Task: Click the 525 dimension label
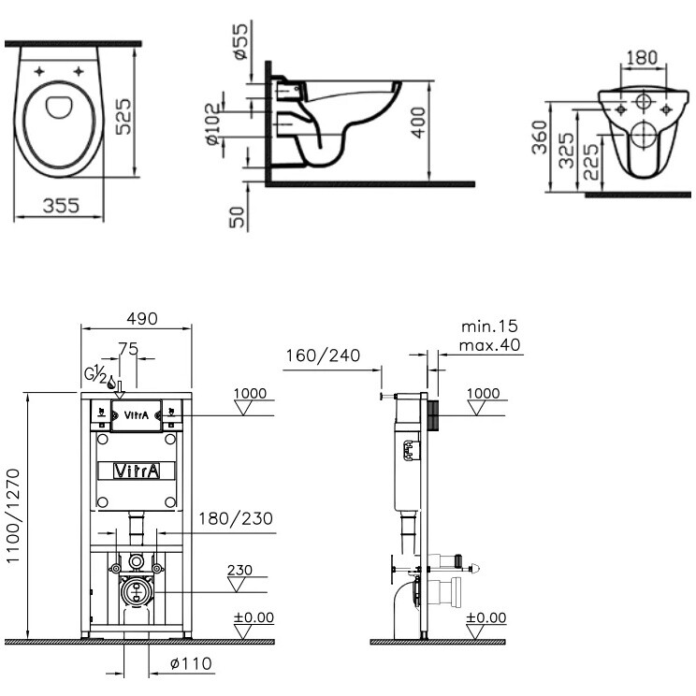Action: pyautogui.click(x=123, y=117)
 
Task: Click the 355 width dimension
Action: pyautogui.click(x=61, y=206)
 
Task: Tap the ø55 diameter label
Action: pyautogui.click(x=240, y=41)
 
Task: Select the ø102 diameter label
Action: pyautogui.click(x=213, y=123)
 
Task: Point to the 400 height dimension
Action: pyautogui.click(x=417, y=123)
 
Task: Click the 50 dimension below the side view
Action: pyautogui.click(x=237, y=217)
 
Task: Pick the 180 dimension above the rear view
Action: pyautogui.click(x=642, y=58)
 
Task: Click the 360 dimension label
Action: pyautogui.click(x=540, y=138)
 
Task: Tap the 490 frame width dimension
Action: pyautogui.click(x=142, y=319)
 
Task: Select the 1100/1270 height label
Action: pyautogui.click(x=13, y=515)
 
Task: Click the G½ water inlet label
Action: pyautogui.click(x=95, y=374)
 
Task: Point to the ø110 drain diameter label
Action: pyautogui.click(x=192, y=663)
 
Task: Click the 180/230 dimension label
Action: pyautogui.click(x=236, y=518)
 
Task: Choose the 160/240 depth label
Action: pyautogui.click(x=323, y=355)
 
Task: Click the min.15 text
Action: pyautogui.click(x=489, y=326)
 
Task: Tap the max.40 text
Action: pyautogui.click(x=489, y=345)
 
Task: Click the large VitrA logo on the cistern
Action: pyautogui.click(x=137, y=471)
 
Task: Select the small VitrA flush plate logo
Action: pyautogui.click(x=137, y=415)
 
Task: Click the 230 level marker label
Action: pyautogui.click(x=239, y=570)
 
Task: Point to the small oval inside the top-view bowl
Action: pyautogui.click(x=59, y=107)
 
